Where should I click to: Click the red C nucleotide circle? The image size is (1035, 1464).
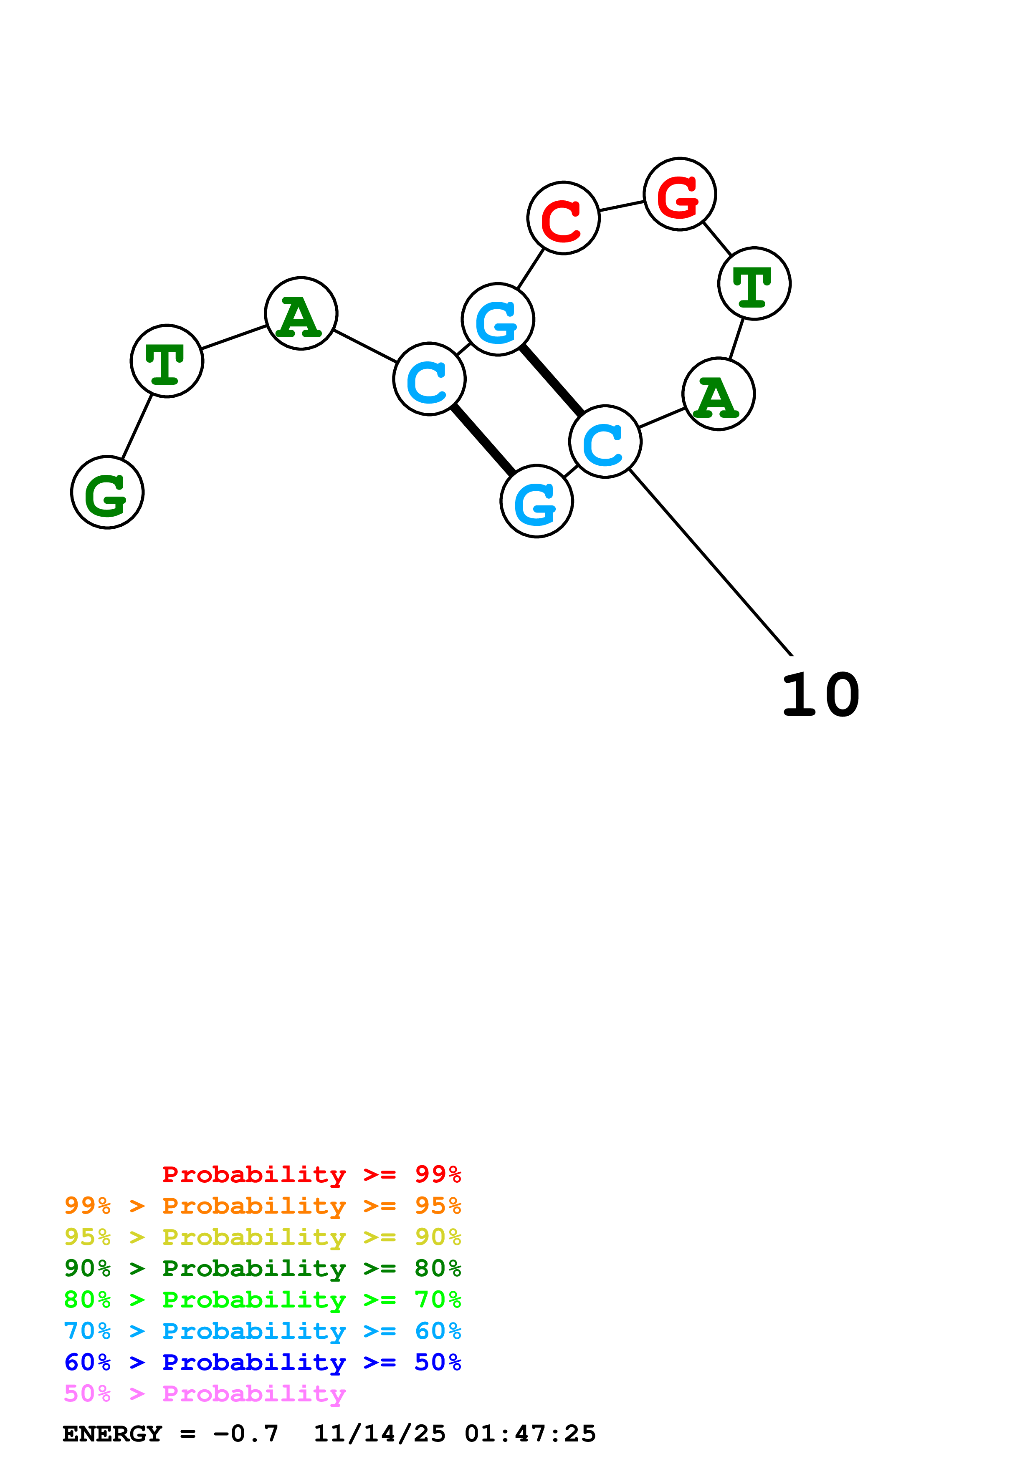tap(563, 218)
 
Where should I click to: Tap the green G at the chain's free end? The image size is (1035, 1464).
tap(107, 492)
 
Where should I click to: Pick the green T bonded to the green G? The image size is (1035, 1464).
tap(167, 361)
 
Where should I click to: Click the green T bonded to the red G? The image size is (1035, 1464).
tap(754, 284)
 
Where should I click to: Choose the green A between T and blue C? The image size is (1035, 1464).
tap(301, 313)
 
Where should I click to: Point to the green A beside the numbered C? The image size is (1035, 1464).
tap(719, 394)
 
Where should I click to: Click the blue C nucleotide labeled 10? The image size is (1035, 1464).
tap(605, 441)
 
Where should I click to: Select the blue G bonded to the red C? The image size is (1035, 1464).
tap(497, 319)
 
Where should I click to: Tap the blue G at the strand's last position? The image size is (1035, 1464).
tap(537, 501)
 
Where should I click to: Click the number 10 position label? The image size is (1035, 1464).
tap(821, 695)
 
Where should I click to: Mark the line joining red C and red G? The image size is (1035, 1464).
tap(622, 206)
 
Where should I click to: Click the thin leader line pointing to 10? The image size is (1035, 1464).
tap(711, 563)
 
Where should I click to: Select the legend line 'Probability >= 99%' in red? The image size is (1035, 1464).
tap(311, 1174)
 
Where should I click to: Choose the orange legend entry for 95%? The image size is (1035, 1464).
tap(262, 1206)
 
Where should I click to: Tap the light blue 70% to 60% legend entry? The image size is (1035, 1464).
tap(262, 1331)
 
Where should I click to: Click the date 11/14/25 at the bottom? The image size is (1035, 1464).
tap(380, 1434)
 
